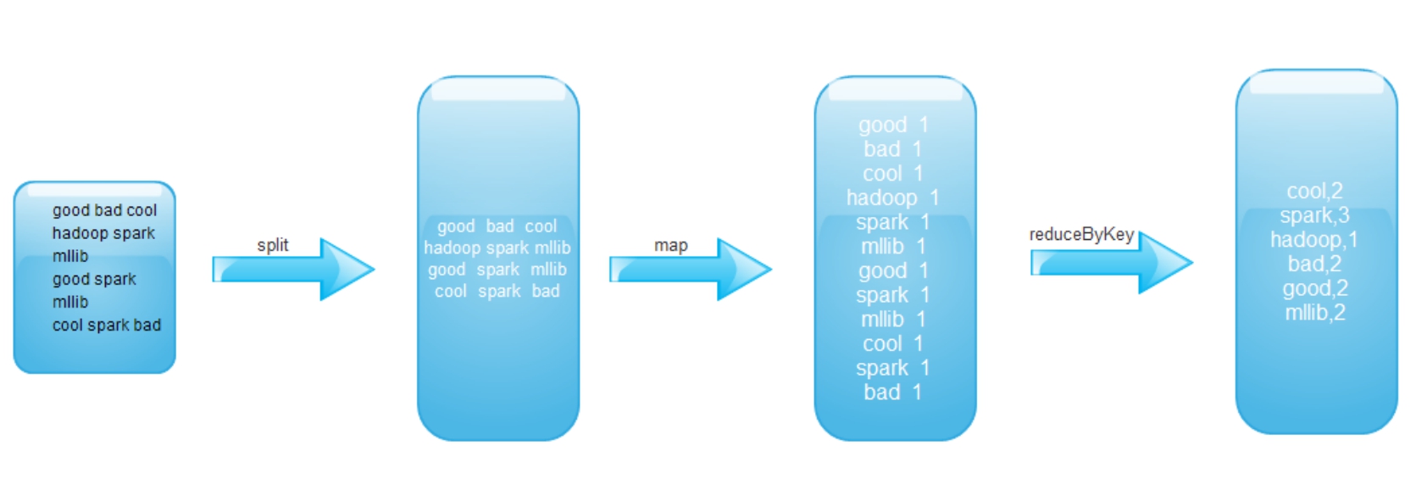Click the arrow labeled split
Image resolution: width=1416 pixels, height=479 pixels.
[293, 270]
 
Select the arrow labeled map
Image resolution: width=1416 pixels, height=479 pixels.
[691, 270]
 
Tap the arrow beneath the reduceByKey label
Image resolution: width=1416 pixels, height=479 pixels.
[1111, 263]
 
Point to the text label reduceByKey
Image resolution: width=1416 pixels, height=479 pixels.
[1081, 235]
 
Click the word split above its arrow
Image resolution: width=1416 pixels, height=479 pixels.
[273, 246]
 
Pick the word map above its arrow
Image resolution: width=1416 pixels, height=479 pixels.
[670, 246]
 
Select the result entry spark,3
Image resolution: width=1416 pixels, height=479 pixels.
[1315, 216]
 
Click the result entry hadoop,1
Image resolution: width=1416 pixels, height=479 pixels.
[1314, 240]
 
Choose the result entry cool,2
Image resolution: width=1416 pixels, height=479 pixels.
[1315, 191]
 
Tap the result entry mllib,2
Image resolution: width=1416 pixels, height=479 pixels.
[1315, 313]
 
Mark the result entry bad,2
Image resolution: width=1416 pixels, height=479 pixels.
[1315, 264]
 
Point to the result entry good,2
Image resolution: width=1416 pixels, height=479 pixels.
[1315, 288]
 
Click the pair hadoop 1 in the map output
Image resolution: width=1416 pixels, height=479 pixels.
[892, 198]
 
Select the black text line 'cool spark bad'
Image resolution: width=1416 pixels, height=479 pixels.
[107, 326]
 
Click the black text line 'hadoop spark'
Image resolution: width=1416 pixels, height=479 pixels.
[103, 233]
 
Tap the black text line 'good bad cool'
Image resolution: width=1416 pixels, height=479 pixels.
[104, 210]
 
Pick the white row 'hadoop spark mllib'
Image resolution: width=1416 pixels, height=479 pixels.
[497, 248]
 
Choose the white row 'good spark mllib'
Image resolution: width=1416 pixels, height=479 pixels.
[497, 270]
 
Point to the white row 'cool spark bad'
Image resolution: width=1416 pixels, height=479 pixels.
[497, 292]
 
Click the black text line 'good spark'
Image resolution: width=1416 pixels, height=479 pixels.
[94, 279]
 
